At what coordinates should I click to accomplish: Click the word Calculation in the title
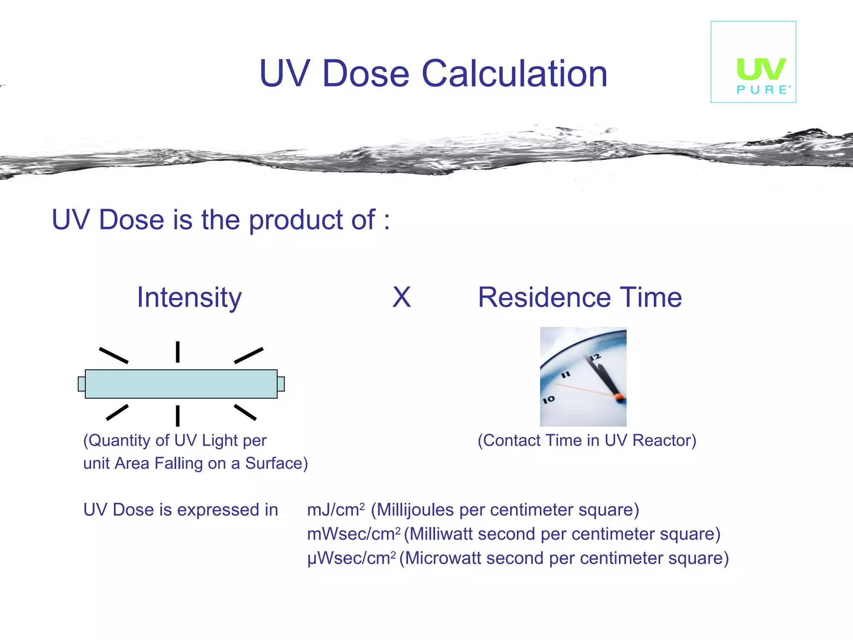[514, 74]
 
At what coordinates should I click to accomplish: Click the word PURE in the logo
[762, 90]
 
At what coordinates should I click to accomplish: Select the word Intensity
[189, 297]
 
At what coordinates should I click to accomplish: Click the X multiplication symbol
[402, 297]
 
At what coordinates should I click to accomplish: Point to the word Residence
[544, 297]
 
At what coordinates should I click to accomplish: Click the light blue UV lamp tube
[181, 384]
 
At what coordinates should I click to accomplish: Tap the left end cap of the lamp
[82, 384]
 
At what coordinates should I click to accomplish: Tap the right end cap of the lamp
[281, 384]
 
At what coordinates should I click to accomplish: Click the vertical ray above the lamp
[177, 352]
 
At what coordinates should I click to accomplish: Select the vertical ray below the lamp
[177, 415]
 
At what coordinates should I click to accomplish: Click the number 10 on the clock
[549, 399]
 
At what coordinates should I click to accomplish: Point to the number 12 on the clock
[596, 357]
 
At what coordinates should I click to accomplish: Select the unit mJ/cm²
[336, 510]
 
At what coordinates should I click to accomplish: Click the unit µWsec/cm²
[351, 558]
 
